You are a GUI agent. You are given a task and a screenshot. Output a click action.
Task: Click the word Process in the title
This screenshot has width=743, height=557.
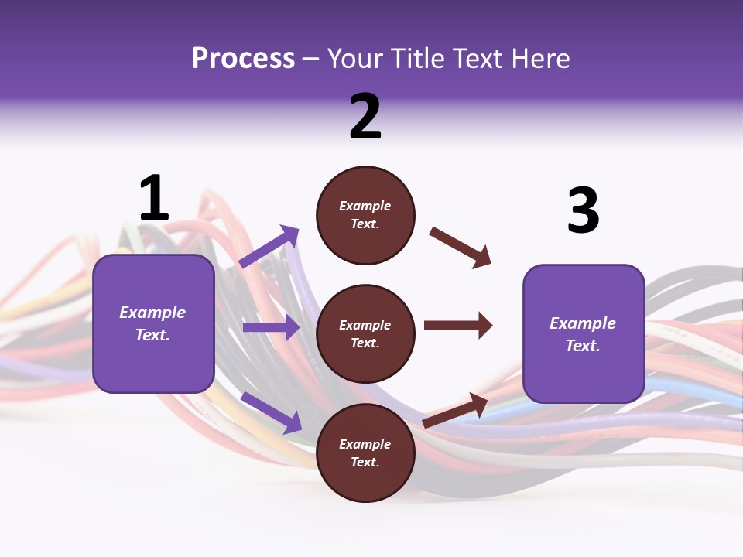click(243, 59)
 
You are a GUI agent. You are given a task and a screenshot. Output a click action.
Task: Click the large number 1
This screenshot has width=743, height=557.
click(153, 199)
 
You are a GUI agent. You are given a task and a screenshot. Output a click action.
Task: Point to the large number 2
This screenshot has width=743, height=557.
click(365, 117)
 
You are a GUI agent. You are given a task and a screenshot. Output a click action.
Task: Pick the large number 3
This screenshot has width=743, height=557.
click(583, 211)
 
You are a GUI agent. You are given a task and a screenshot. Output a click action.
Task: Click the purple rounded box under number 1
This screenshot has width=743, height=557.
click(153, 323)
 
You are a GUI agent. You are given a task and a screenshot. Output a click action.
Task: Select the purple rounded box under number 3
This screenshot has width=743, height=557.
click(584, 334)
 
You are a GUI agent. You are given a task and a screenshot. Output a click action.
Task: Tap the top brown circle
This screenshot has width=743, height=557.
click(365, 215)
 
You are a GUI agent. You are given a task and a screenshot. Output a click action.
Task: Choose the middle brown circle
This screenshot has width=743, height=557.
click(365, 334)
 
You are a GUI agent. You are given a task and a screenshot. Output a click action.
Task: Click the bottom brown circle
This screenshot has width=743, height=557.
click(365, 453)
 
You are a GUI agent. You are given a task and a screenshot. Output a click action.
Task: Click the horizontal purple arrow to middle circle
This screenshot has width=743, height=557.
click(271, 327)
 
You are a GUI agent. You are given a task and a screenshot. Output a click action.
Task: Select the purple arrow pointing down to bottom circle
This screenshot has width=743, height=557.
click(271, 412)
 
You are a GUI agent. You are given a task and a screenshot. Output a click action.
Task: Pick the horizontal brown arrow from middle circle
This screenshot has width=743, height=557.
click(458, 326)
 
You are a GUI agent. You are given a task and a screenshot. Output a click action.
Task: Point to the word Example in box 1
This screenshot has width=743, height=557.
click(152, 313)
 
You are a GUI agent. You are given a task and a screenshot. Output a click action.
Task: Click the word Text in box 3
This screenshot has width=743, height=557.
click(582, 346)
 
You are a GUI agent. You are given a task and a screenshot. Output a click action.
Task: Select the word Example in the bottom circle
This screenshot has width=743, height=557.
click(365, 444)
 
